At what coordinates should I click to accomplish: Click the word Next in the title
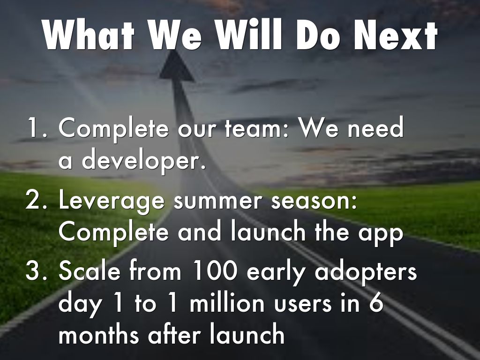coord(396,35)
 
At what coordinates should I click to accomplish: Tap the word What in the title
coord(89,35)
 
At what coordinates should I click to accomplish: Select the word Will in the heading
coord(248,35)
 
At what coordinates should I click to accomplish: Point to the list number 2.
coord(37,200)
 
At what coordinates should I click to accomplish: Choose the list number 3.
coord(37,271)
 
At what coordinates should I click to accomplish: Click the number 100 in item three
coord(216,270)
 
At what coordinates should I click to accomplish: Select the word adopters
coord(366,271)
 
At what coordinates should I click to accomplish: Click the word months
coord(99,334)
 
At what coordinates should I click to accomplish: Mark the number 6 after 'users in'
coord(376,302)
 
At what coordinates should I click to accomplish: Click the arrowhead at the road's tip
coord(177,66)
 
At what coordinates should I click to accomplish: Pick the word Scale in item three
coord(90,270)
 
